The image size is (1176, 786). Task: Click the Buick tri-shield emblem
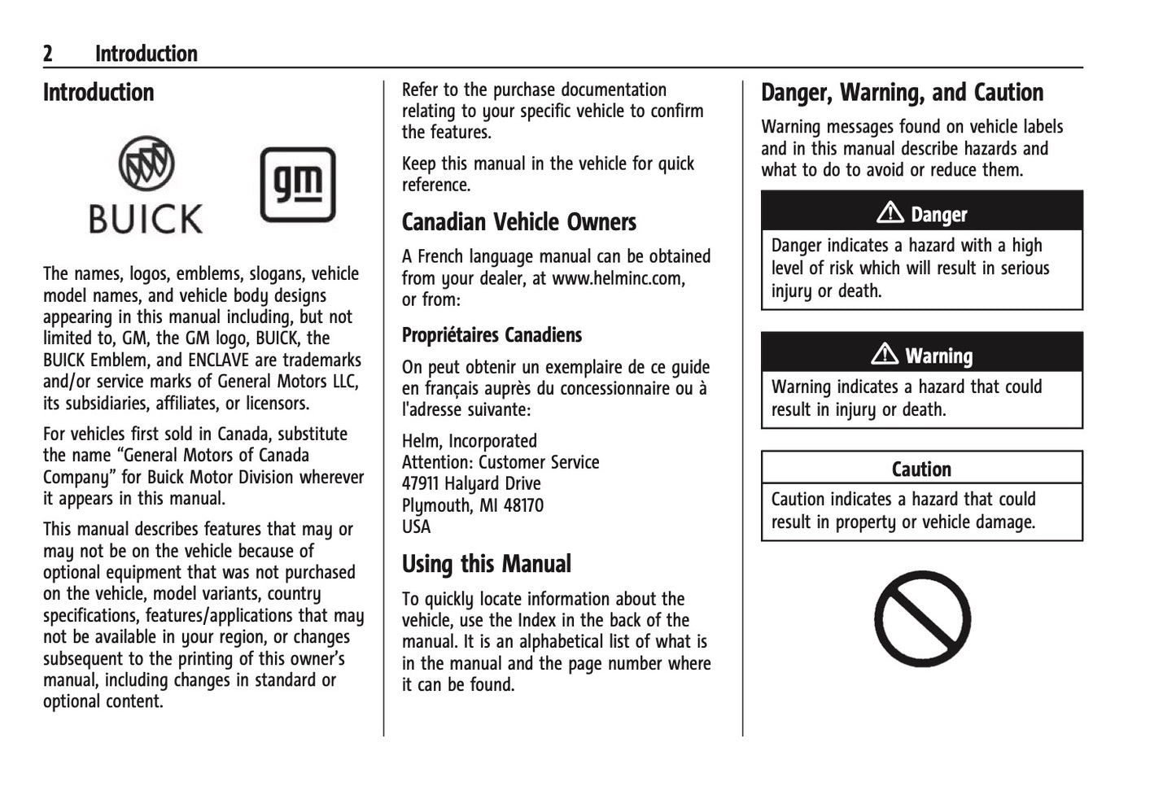(x=146, y=164)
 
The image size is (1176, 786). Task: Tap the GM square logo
(x=298, y=185)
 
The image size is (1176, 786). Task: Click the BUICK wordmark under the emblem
(x=146, y=219)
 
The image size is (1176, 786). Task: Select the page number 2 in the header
(x=48, y=54)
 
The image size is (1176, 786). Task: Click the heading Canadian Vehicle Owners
(x=518, y=222)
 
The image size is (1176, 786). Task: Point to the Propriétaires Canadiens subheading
(x=492, y=335)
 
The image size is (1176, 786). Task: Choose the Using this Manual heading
(x=486, y=564)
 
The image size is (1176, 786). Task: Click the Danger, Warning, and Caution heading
(x=902, y=93)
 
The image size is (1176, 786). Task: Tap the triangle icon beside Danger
(x=890, y=213)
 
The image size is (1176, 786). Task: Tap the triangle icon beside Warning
(x=885, y=355)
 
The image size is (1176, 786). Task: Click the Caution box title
(x=921, y=469)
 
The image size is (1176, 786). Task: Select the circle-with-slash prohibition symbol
(x=922, y=618)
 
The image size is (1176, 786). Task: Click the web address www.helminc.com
(x=618, y=278)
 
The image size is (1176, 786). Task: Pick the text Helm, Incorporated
(x=469, y=441)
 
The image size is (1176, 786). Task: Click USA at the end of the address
(x=416, y=526)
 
